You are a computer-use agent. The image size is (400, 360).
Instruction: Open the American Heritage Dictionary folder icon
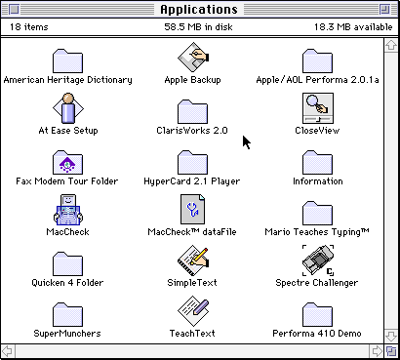point(67,60)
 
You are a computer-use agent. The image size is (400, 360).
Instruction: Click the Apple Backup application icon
point(193,58)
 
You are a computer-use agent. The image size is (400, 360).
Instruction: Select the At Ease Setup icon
point(68,108)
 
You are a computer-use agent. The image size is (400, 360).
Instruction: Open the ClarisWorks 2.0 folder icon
point(192,111)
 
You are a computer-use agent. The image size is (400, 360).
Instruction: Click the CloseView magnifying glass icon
point(318,108)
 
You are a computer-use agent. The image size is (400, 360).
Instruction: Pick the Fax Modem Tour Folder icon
point(67,162)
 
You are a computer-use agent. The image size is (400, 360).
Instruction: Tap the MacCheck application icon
point(68,210)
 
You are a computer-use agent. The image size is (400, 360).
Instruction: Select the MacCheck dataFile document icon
point(193,210)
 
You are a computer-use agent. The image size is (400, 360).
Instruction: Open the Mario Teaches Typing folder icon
point(317,213)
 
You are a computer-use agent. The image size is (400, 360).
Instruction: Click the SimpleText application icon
point(193,260)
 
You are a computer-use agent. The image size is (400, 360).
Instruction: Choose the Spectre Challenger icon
point(318,260)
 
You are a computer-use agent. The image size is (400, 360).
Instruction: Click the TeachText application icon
point(193,311)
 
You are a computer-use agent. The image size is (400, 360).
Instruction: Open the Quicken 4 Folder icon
point(67,263)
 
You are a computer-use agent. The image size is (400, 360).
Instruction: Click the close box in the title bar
point(14,10)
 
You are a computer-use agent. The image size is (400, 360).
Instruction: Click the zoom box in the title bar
point(384,10)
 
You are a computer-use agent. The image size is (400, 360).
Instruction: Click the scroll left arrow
point(7,351)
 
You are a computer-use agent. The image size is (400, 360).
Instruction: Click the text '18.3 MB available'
point(353,26)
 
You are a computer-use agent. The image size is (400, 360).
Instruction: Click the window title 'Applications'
point(199,10)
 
